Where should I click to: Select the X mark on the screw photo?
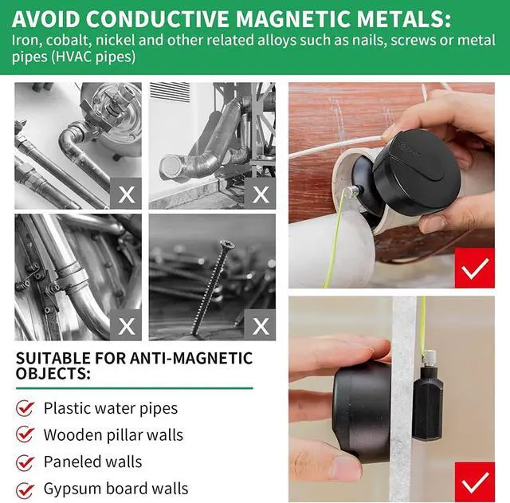(261, 325)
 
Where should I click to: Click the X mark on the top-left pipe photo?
(127, 194)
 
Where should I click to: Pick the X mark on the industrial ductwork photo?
(261, 194)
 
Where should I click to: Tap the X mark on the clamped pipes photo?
(127, 325)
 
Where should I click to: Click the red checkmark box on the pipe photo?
(475, 268)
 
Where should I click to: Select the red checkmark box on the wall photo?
(475, 482)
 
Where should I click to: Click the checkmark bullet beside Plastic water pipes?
(25, 408)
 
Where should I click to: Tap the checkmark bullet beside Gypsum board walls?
(25, 489)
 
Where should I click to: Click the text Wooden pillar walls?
(113, 435)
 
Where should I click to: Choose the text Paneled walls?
(92, 462)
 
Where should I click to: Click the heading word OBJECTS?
(53, 371)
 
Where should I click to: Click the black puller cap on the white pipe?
(418, 171)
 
